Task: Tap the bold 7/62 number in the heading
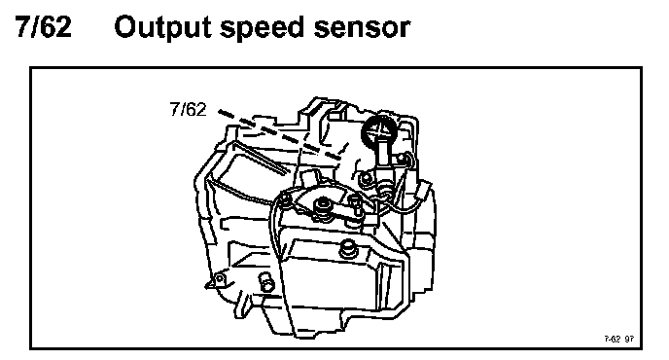point(44,27)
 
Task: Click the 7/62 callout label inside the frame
point(188,109)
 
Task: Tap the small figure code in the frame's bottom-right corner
point(618,339)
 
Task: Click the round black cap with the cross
point(379,131)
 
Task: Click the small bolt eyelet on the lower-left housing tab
point(220,279)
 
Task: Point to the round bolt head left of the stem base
point(366,180)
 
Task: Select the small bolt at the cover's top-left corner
point(285,199)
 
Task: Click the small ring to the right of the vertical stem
point(401,160)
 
